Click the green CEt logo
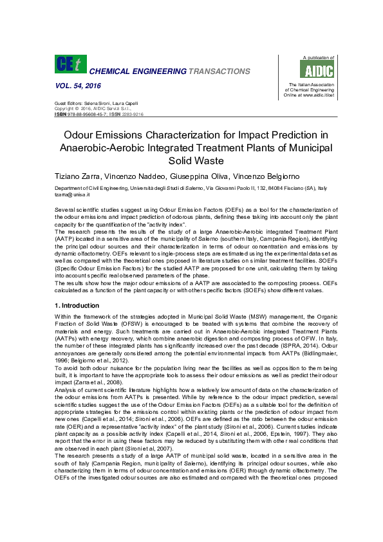[68, 66]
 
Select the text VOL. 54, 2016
[73, 86]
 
